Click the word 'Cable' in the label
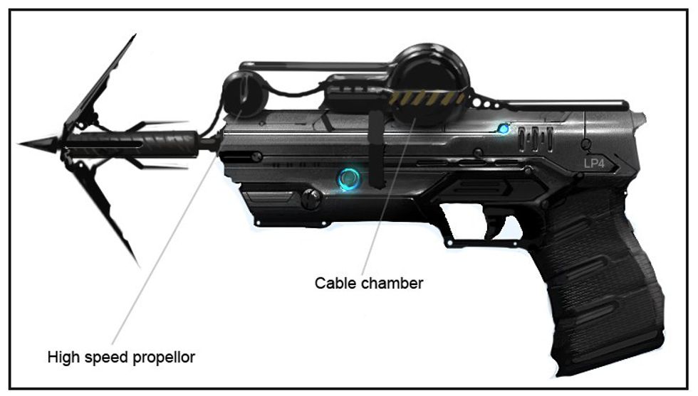pos(333,283)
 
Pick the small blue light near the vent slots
pos(504,129)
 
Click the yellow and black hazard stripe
pos(427,99)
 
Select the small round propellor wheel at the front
pos(244,95)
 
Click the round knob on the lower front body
pos(311,199)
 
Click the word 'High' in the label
pos(60,355)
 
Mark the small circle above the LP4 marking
pos(585,145)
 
